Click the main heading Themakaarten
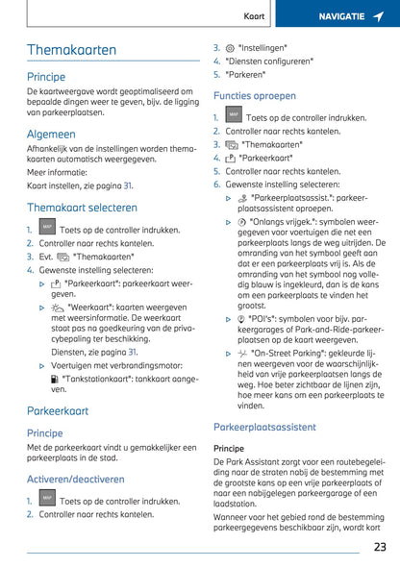tap(71, 50)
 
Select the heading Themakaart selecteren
tap(82, 207)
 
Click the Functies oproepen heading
tap(255, 96)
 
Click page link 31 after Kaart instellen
tap(128, 185)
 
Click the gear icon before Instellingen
tap(230, 46)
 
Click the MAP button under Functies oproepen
tap(233, 116)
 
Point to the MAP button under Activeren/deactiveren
tap(46, 500)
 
